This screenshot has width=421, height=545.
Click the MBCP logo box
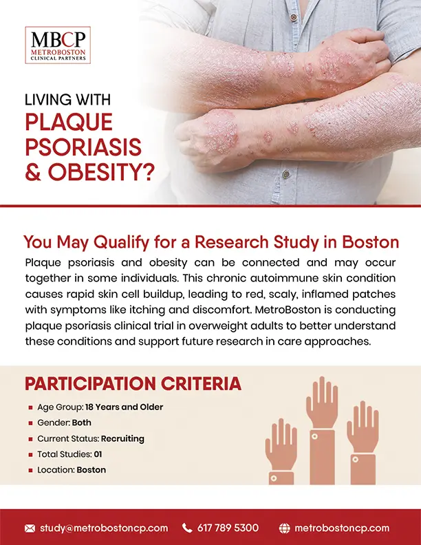pos(58,45)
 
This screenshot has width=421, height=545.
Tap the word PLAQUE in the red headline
pos(69,122)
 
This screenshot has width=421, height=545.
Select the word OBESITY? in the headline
pos(101,172)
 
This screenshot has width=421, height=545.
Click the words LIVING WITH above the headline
pos(67,100)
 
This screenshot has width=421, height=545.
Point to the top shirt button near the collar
pos(294,17)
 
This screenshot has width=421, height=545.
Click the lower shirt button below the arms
pos(286,174)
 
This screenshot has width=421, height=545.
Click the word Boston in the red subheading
pos(370,242)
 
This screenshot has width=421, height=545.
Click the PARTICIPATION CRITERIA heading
pos(133,383)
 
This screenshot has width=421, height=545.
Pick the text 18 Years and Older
pos(124,407)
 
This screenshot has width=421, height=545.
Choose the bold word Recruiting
pos(122,438)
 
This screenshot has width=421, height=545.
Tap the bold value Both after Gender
pos(82,423)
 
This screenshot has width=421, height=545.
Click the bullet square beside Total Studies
pos(30,455)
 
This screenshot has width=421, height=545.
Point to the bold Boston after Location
pos(91,470)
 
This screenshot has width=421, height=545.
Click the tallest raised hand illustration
pos(322,430)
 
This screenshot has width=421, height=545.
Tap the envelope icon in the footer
pos(30,528)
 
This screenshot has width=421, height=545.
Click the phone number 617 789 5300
pos(228,528)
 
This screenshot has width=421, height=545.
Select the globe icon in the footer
pos(285,528)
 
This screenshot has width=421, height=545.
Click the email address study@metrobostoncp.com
pos(104,528)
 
